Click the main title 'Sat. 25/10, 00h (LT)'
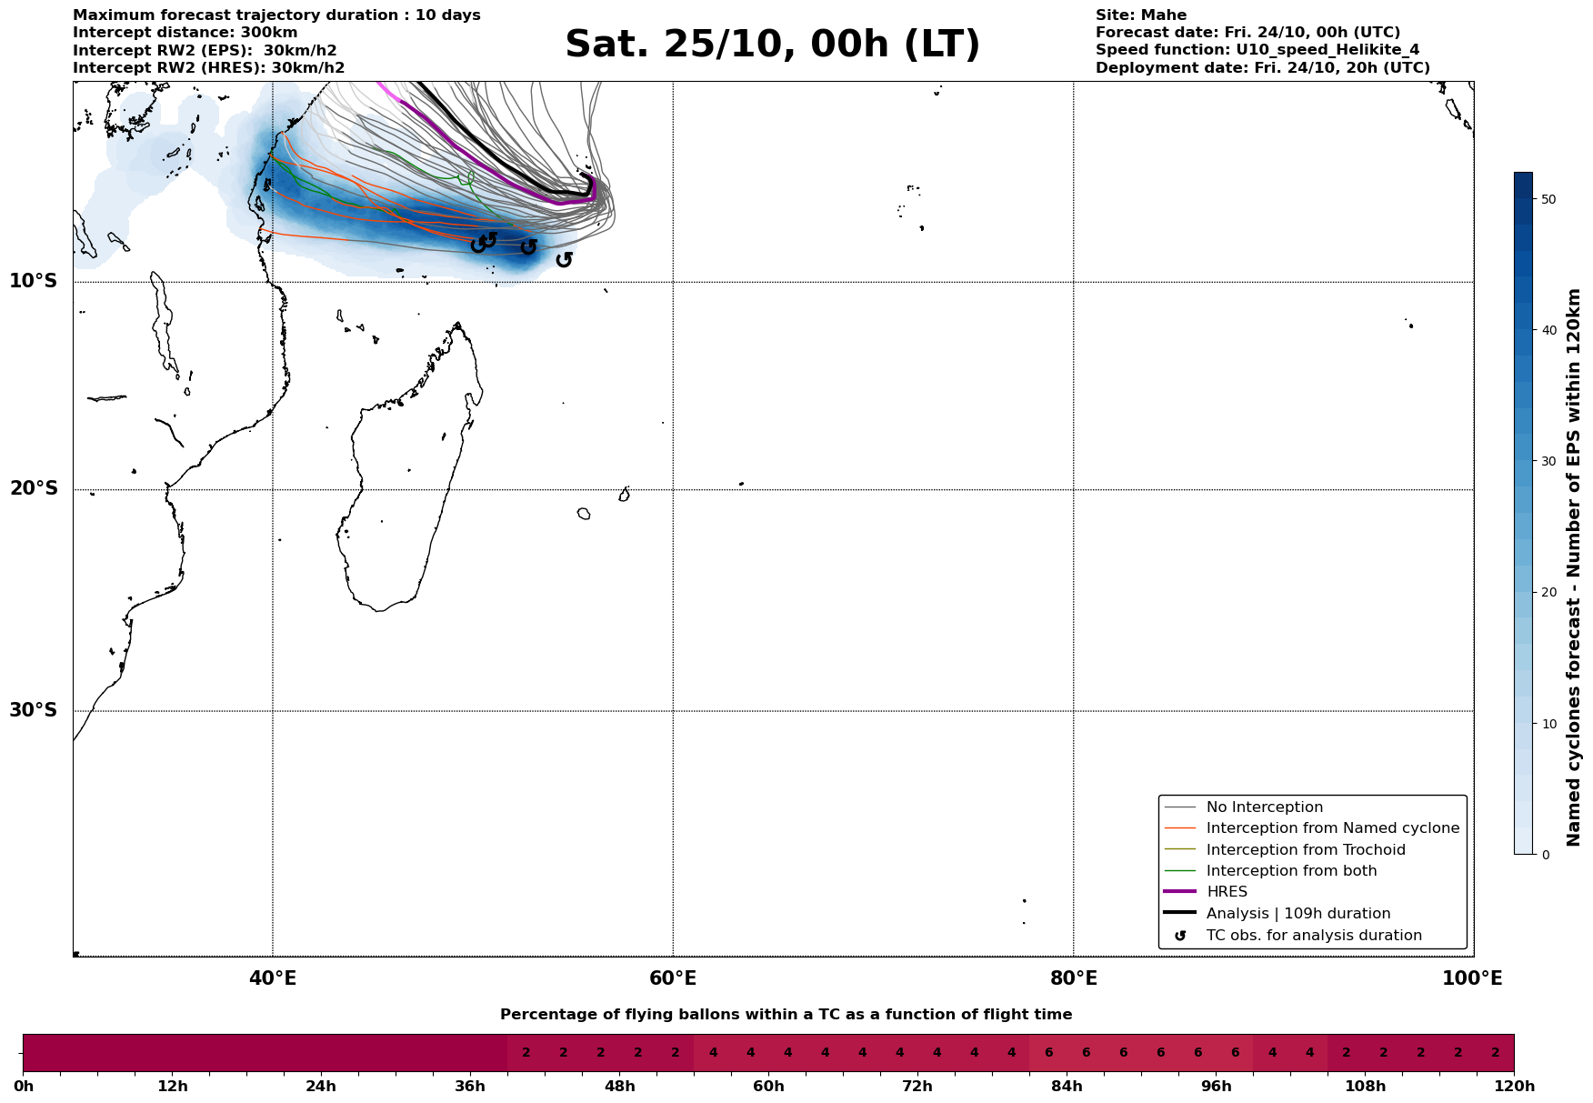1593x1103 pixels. tap(772, 45)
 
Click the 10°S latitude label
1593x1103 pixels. tap(34, 281)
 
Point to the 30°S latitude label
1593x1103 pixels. tap(34, 710)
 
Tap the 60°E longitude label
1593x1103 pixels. tap(673, 978)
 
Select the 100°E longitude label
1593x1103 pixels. tap(1472, 978)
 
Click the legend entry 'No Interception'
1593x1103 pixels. tap(1264, 807)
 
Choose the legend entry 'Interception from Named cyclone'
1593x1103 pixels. tap(1332, 828)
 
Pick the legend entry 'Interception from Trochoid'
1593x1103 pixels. tap(1305, 850)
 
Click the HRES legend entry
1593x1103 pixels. tap(1227, 892)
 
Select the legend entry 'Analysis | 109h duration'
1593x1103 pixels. tap(1297, 914)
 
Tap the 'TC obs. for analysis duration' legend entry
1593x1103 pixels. tap(1313, 936)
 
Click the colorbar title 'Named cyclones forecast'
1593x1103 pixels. tap(1574, 567)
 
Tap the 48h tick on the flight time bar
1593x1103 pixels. tap(619, 1087)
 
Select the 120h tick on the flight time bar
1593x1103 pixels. tap(1514, 1087)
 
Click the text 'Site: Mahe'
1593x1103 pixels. tap(1140, 15)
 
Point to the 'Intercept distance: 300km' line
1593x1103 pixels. tap(185, 33)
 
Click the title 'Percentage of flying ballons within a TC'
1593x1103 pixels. tap(786, 1015)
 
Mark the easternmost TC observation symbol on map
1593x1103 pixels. tap(564, 260)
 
